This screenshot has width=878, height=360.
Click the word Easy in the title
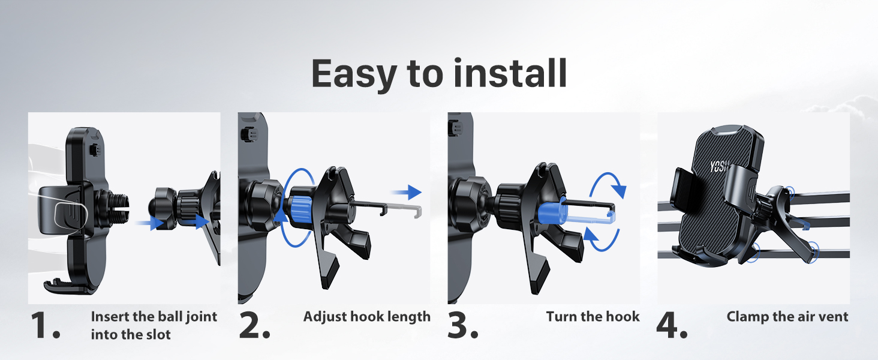tap(353, 74)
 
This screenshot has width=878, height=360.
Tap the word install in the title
tap(510, 73)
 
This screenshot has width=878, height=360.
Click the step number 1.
tap(46, 325)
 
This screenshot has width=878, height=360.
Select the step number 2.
tap(254, 325)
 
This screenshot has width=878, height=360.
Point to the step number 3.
tap(463, 325)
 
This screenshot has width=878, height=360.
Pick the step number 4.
tap(672, 325)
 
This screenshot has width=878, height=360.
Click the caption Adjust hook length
tap(367, 317)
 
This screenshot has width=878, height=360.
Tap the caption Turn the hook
tap(593, 316)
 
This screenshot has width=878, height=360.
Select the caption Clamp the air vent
tap(787, 316)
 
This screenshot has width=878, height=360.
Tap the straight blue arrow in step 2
tap(406, 192)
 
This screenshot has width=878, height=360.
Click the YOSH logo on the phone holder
tap(718, 166)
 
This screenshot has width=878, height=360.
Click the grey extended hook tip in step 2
tap(416, 212)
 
